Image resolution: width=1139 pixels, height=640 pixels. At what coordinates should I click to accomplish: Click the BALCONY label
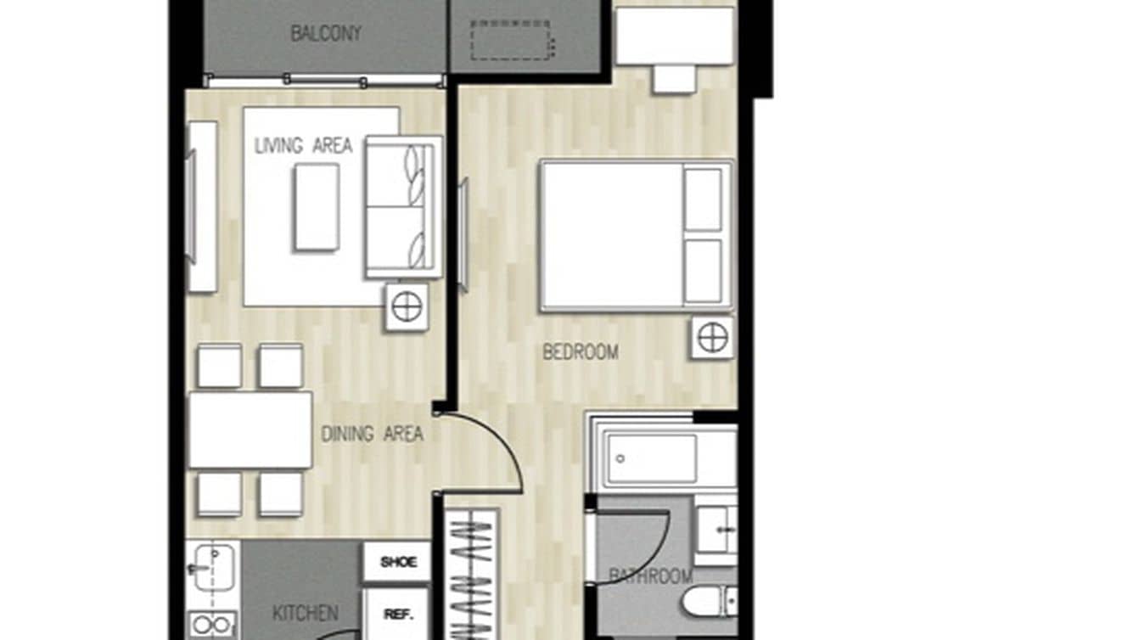pos(326,34)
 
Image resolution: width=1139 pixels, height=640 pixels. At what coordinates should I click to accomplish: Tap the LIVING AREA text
pos(303,145)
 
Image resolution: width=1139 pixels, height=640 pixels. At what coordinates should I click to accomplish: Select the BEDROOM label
pos(581,351)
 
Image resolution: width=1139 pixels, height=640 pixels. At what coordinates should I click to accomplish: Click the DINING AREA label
pos(372,434)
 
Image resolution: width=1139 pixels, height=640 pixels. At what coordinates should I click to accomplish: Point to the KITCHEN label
pos(306,612)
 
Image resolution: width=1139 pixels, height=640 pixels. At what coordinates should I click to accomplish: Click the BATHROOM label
pos(651,576)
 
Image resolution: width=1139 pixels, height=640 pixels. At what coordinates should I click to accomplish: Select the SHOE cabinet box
pos(398,562)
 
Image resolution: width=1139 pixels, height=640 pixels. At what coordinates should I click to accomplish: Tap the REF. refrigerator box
pos(394,614)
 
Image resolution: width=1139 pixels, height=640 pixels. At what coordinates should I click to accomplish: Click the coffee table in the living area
pos(317,207)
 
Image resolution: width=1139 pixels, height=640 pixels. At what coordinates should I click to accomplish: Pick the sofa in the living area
pos(403,206)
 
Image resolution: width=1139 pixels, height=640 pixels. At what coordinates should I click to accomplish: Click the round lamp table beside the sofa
pos(407,306)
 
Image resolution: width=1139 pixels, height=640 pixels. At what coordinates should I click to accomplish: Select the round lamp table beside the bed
pos(712,338)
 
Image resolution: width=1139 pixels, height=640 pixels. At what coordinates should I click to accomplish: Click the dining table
pos(250,429)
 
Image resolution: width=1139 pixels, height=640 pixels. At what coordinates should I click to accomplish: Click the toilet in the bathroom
pos(710,601)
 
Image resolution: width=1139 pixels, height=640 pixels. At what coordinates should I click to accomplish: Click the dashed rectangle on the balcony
pos(510,41)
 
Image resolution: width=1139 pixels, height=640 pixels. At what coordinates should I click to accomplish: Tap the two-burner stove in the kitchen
pos(212,625)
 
